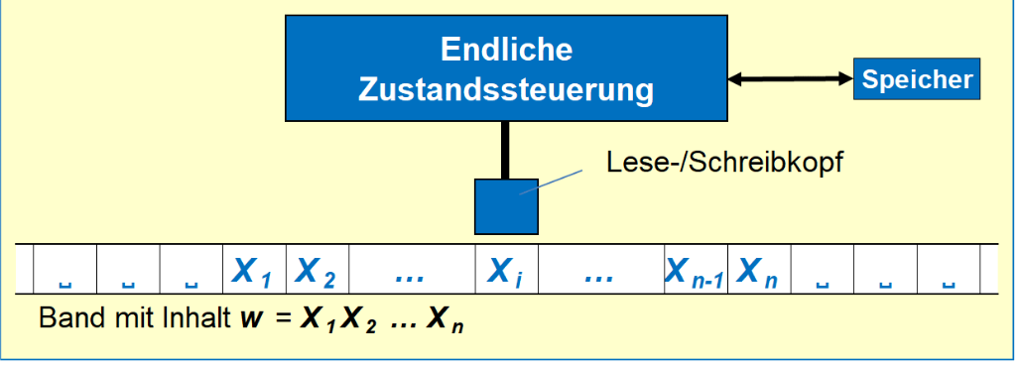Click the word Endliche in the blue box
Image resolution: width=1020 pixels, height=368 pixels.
(x=507, y=50)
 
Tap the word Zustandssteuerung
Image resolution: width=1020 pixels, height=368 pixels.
(x=507, y=89)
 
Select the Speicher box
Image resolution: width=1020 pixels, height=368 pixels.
(x=917, y=79)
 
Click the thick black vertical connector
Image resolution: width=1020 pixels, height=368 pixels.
(x=506, y=149)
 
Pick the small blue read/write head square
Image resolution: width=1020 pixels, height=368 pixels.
(x=506, y=203)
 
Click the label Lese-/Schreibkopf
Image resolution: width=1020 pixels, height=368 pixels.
(x=724, y=163)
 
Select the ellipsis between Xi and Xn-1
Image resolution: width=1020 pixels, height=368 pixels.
(x=599, y=272)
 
